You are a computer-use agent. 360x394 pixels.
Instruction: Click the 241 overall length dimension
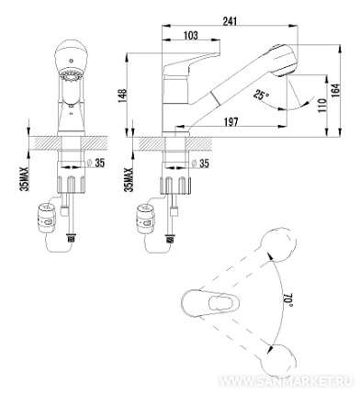click(x=230, y=21)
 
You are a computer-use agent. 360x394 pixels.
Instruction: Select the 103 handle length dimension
click(x=191, y=35)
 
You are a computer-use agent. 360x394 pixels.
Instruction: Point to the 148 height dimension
click(x=122, y=96)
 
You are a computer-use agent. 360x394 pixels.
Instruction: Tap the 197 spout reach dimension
click(x=231, y=122)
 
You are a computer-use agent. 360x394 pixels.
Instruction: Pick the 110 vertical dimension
click(x=321, y=105)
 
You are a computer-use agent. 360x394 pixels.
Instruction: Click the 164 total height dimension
click(x=336, y=91)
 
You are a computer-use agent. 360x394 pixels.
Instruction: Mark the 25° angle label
click(x=260, y=96)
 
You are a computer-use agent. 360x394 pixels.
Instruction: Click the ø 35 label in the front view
click(x=96, y=163)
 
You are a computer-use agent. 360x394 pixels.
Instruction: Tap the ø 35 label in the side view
click(x=199, y=163)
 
